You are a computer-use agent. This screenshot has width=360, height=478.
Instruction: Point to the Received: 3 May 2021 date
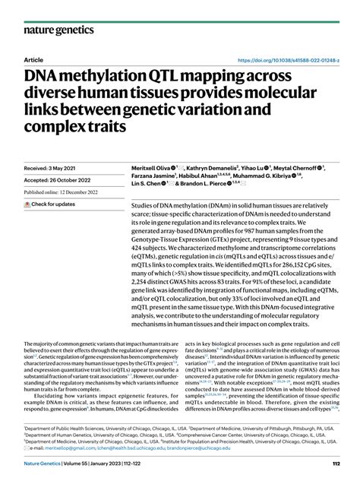(x=53, y=167)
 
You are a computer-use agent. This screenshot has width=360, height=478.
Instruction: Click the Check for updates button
(x=53, y=204)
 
